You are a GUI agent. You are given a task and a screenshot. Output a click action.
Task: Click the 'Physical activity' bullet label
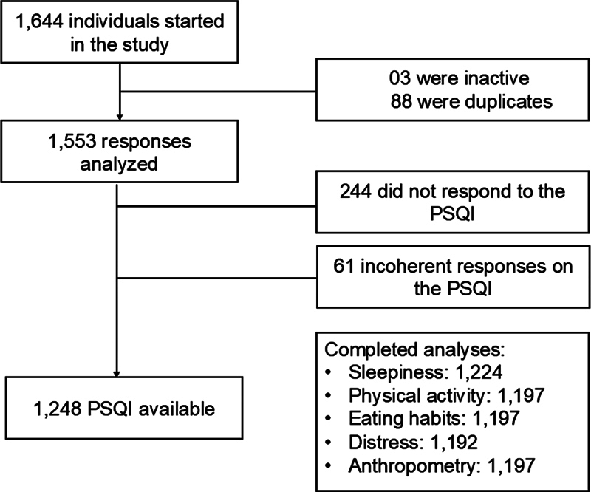(x=407, y=395)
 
